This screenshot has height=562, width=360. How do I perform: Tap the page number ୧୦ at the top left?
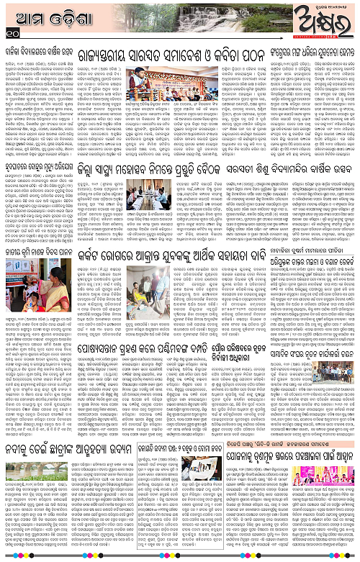(9, 32)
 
